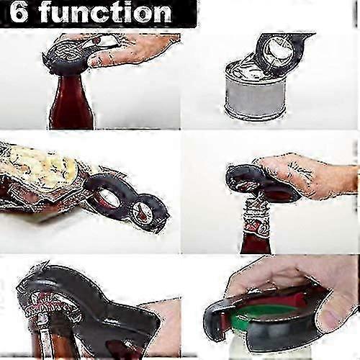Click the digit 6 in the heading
(19, 12)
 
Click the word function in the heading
(106, 12)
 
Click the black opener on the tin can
(281, 52)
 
